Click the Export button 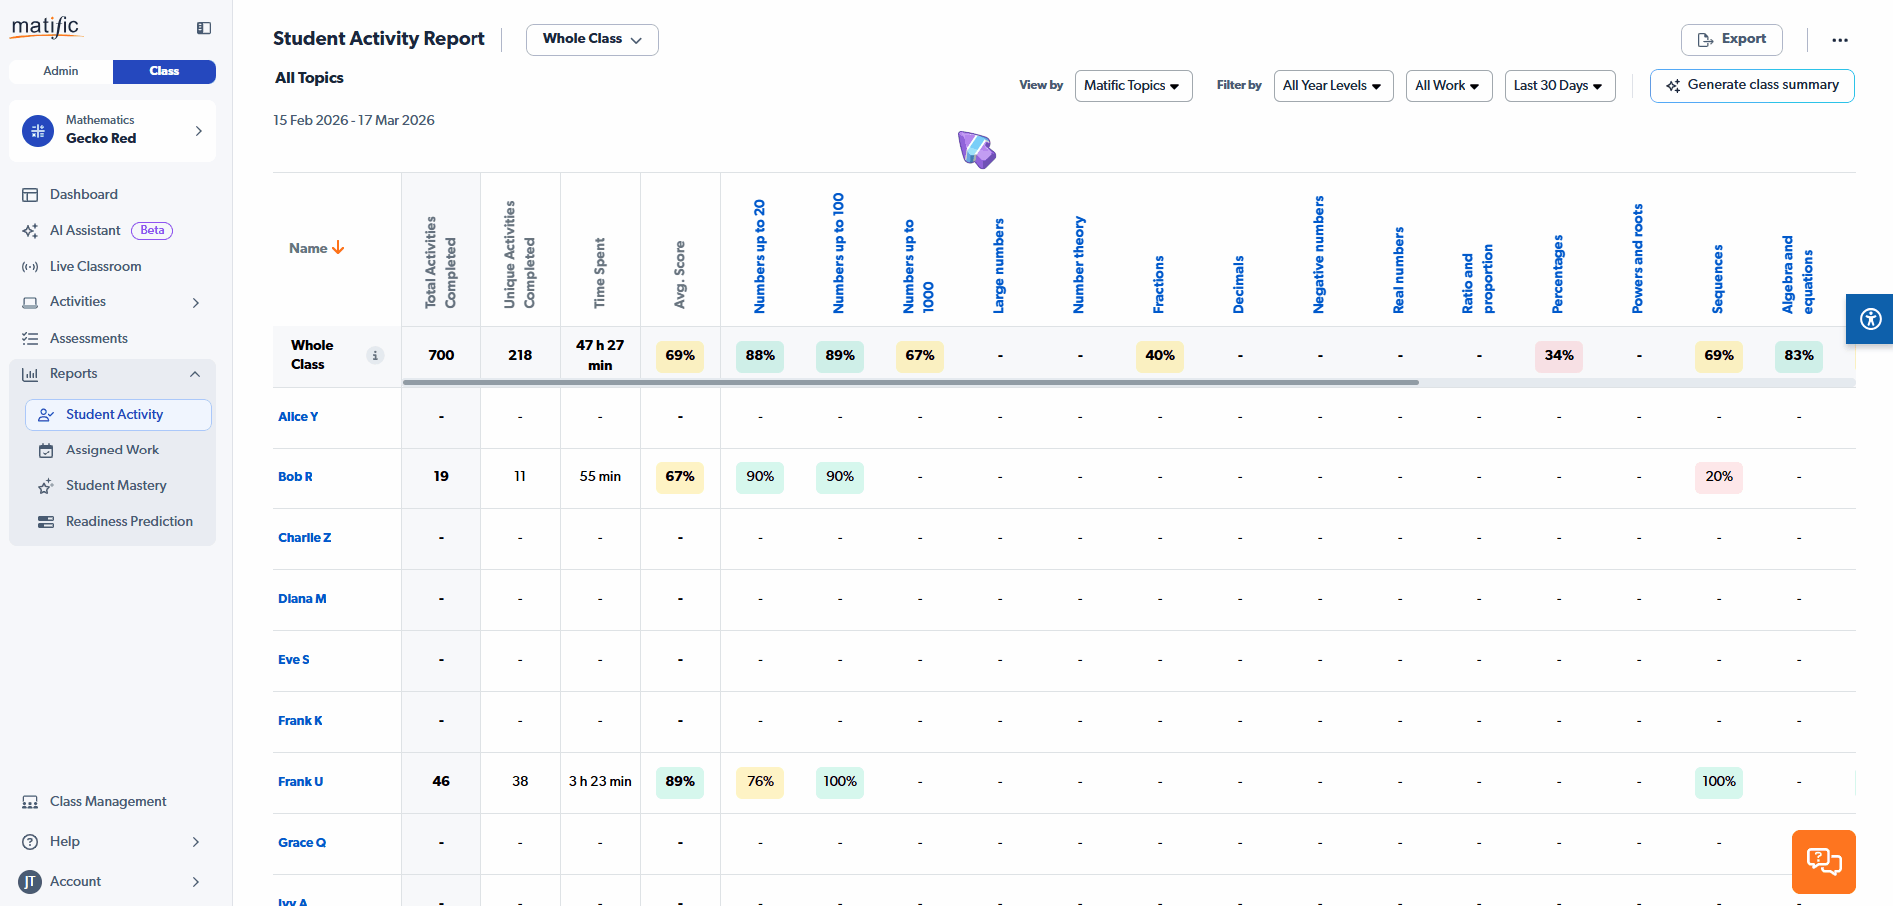(1731, 39)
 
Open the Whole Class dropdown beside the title (592, 39)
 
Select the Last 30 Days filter (1559, 86)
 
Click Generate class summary (1752, 86)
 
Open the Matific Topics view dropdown (1133, 86)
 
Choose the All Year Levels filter (1333, 86)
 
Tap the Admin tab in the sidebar (61, 71)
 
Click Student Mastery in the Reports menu (116, 486)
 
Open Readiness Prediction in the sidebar (129, 522)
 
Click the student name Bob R (295, 477)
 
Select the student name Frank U (300, 782)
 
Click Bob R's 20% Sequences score (1719, 477)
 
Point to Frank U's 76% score (760, 782)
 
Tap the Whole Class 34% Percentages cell (1559, 356)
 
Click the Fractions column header (1159, 284)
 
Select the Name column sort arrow (338, 248)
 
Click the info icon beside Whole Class (375, 355)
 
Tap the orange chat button (1823, 861)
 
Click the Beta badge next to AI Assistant (152, 231)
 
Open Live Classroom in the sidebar (95, 267)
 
